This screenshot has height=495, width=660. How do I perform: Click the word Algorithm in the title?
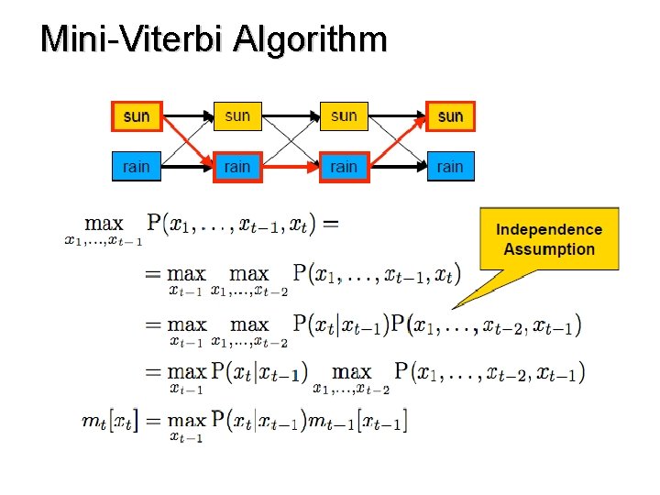[312, 41]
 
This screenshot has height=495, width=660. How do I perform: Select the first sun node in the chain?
[136, 116]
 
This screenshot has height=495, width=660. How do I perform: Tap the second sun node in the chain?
[236, 116]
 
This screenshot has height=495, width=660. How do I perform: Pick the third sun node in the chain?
[344, 116]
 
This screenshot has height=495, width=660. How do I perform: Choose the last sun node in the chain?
[450, 116]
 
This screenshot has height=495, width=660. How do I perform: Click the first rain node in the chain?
[136, 167]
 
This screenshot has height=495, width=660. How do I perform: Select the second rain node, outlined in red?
[236, 167]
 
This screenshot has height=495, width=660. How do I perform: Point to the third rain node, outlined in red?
[344, 167]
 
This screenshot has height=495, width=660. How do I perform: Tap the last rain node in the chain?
[450, 167]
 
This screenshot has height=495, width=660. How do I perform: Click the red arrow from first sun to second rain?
[186, 141]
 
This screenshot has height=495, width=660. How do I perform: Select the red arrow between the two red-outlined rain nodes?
[290, 168]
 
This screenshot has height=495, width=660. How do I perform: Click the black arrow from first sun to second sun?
[186, 116]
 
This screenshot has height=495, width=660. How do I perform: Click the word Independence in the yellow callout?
[549, 229]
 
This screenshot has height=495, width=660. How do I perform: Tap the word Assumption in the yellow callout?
[549, 249]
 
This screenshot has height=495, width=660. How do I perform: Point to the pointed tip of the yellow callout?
[455, 306]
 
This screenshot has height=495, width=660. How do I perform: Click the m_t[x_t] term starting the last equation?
[109, 422]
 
